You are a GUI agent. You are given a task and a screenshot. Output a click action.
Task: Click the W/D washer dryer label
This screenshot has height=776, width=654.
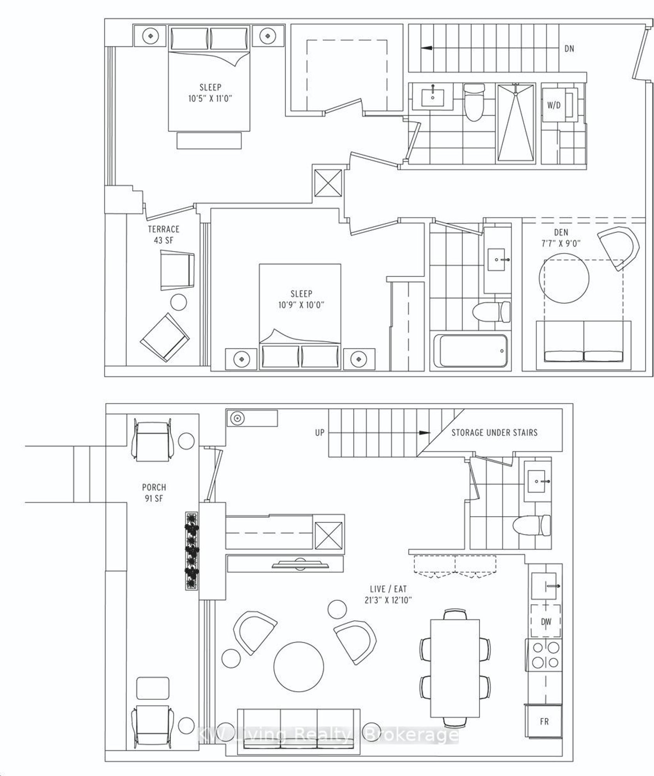[x=554, y=105]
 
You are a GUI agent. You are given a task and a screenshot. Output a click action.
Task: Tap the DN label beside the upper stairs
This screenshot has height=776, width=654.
[x=569, y=49]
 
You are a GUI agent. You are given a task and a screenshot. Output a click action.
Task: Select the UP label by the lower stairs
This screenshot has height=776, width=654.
[x=320, y=433]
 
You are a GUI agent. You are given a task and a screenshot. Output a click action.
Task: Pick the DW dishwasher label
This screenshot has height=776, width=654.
[x=546, y=622]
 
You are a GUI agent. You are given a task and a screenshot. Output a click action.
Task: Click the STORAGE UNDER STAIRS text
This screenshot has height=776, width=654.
[x=494, y=433]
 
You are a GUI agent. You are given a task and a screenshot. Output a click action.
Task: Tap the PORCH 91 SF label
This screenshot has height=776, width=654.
[x=154, y=492]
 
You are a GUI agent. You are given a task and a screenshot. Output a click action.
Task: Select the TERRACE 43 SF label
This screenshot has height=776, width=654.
[x=163, y=234]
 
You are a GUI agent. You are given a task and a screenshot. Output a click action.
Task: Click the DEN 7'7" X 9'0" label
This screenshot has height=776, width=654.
[x=561, y=238]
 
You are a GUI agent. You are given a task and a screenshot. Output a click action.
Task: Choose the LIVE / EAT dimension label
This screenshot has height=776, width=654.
[x=388, y=595]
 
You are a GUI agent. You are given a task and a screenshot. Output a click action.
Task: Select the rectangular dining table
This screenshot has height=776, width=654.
[x=455, y=668]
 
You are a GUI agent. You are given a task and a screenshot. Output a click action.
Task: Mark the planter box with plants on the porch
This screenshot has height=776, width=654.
[x=192, y=551]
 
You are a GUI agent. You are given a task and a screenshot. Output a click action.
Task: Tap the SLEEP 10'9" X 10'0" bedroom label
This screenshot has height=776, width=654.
[x=301, y=299]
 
